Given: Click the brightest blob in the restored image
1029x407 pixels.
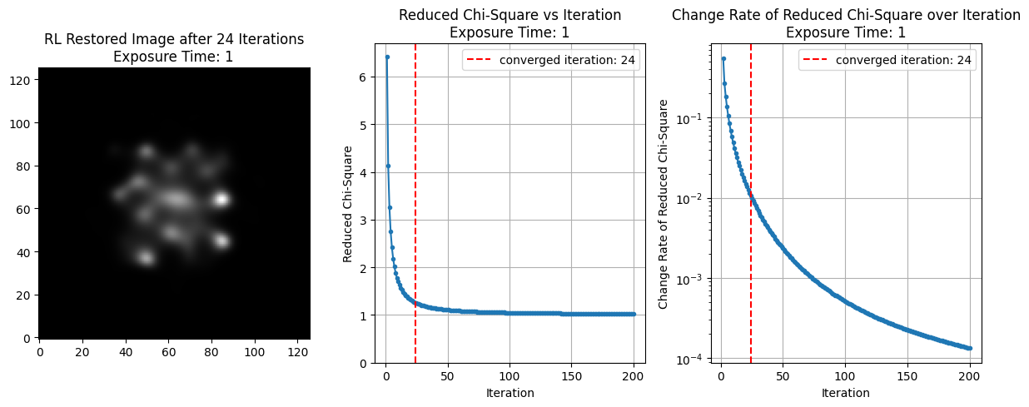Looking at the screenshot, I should [221, 199].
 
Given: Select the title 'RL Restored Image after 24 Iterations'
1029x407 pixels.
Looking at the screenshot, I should [174, 39].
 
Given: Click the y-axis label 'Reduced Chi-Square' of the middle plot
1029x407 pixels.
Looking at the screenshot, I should [348, 203].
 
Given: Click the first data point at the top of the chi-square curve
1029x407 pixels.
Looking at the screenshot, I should [387, 57].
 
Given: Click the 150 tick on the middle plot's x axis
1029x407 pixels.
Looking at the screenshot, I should [571, 378].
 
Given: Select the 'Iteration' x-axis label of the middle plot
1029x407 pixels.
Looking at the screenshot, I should [510, 392].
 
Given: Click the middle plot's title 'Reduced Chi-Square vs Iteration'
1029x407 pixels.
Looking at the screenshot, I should [510, 15].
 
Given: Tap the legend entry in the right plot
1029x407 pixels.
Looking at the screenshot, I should [887, 60].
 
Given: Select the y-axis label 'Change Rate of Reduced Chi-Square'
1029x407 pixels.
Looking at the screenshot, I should [664, 203].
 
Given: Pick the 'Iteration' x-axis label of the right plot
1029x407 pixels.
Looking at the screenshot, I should [846, 392].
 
